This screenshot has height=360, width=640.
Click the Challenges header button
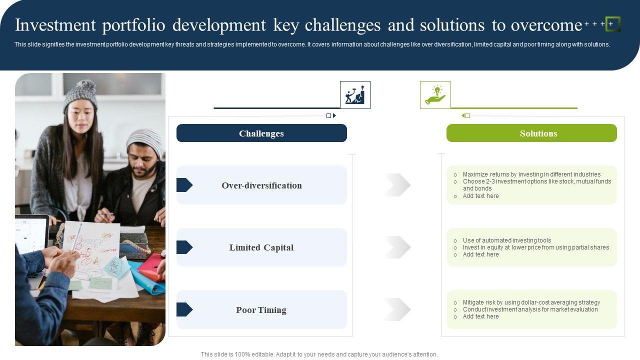pyautogui.click(x=261, y=133)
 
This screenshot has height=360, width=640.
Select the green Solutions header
pyautogui.click(x=531, y=133)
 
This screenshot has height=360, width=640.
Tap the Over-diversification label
pyautogui.click(x=261, y=185)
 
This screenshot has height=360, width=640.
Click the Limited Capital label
pyautogui.click(x=261, y=247)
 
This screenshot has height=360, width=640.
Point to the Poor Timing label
pyautogui.click(x=261, y=310)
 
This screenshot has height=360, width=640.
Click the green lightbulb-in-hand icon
pyautogui.click(x=435, y=94)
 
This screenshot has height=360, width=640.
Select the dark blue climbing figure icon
pyautogui.click(x=355, y=94)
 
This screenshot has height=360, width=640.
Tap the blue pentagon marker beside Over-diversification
pyautogui.click(x=184, y=185)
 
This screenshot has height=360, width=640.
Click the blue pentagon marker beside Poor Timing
pyautogui.click(x=184, y=309)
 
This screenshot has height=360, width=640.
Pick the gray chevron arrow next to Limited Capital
pyautogui.click(x=397, y=247)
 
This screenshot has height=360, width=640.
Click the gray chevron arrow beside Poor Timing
pyautogui.click(x=397, y=309)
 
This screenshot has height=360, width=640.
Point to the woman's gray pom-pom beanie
pyautogui.click(x=81, y=94)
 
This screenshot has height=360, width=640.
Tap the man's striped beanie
pyautogui.click(x=145, y=141)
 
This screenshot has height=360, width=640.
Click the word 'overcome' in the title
pyautogui.click(x=546, y=25)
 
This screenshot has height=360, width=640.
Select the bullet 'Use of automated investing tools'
pyautogui.click(x=507, y=240)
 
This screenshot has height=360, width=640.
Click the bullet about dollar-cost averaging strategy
pyautogui.click(x=531, y=302)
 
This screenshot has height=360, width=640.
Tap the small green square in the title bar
pyautogui.click(x=612, y=24)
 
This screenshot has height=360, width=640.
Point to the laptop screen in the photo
pyautogui.click(x=31, y=234)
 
